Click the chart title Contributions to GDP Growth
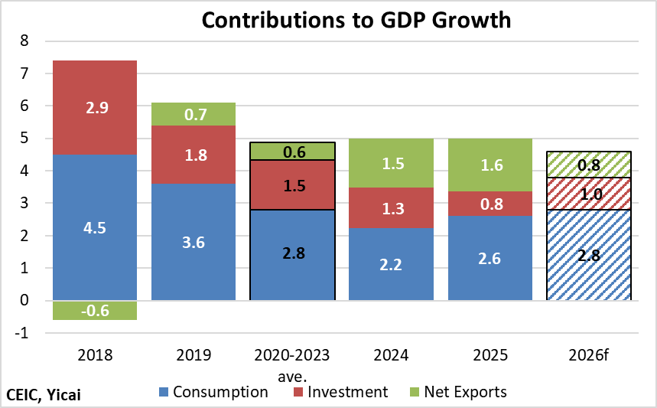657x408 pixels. (x=356, y=20)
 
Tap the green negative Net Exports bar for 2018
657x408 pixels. (x=94, y=310)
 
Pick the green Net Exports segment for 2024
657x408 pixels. (x=391, y=163)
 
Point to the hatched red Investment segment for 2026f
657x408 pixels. (x=589, y=194)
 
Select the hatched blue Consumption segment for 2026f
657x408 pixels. (x=589, y=255)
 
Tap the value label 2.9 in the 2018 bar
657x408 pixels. (x=94, y=107)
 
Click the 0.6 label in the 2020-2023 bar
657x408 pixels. (x=293, y=152)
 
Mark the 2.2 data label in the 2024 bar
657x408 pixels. (x=391, y=264)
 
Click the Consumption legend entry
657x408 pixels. (x=213, y=393)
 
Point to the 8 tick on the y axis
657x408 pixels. (x=24, y=41)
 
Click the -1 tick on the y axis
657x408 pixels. (x=22, y=333)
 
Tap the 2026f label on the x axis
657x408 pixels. (x=589, y=354)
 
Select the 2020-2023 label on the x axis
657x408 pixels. (x=293, y=354)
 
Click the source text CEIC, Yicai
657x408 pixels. (x=44, y=394)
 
